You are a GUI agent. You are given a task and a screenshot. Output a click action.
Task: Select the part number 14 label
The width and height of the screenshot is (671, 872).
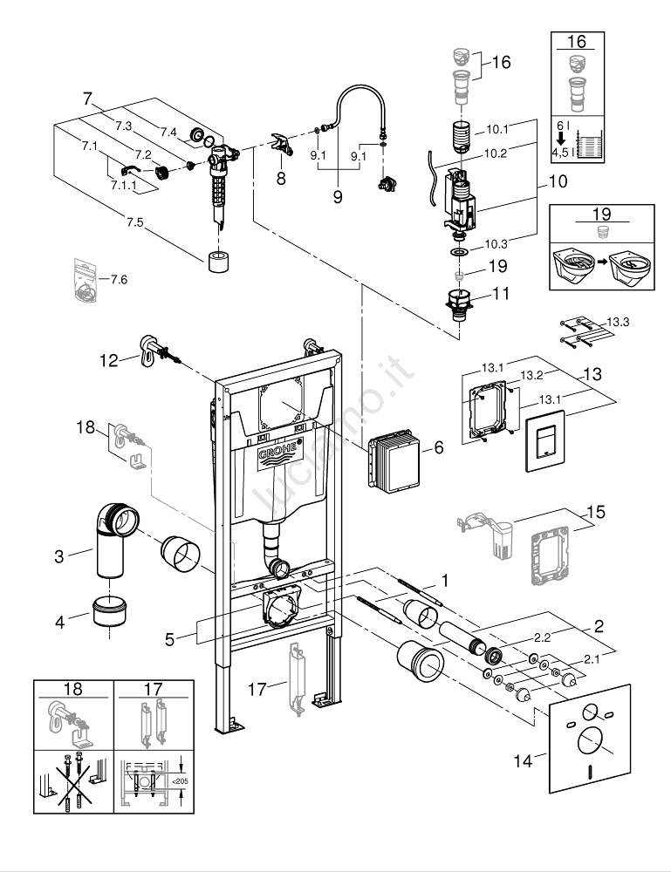522,761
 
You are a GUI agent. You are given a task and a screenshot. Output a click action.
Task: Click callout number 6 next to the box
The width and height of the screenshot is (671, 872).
439,447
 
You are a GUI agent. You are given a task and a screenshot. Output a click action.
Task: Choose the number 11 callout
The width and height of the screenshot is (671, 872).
500,294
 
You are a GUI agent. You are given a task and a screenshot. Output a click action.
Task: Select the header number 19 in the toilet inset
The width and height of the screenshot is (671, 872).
600,214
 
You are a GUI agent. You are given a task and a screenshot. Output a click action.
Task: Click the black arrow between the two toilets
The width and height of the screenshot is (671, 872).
600,261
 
